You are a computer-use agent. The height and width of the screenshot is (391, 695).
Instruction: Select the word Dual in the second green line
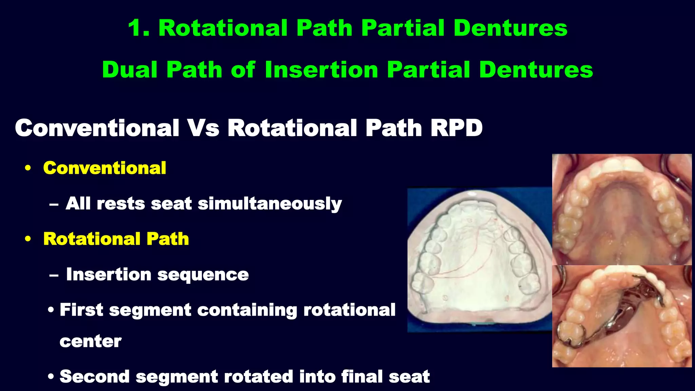point(129,70)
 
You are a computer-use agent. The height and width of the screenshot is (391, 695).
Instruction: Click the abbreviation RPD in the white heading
point(456,128)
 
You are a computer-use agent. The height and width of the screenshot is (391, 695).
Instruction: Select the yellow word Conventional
point(105,168)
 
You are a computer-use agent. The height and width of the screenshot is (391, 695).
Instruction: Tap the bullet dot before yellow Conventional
point(28,168)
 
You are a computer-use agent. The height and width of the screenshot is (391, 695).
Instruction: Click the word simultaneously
point(269,204)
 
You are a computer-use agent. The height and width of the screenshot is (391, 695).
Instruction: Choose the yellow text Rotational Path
point(116,239)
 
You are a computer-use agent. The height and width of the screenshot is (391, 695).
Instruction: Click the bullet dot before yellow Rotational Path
point(28,239)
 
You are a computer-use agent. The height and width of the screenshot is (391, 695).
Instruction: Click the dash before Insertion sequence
point(54,275)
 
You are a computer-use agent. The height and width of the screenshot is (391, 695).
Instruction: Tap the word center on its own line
point(90,341)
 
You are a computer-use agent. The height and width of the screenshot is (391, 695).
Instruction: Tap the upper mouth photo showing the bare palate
point(622,209)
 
